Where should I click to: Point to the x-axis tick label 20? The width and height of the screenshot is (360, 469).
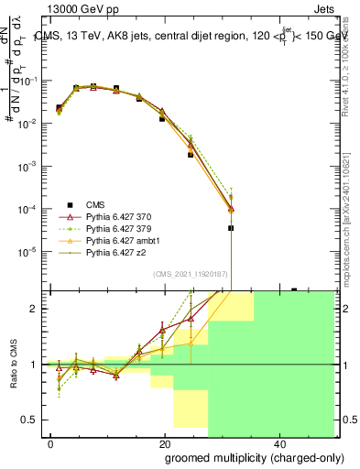pyautogui.click(x=164, y=444)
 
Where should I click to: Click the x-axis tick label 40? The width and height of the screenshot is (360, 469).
pyautogui.click(x=278, y=444)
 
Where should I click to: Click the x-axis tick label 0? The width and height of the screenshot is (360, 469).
pyautogui.click(x=51, y=444)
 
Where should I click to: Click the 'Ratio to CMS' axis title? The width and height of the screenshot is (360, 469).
pyautogui.click(x=12, y=365)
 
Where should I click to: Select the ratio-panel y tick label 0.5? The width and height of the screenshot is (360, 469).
pyautogui.click(x=31, y=420)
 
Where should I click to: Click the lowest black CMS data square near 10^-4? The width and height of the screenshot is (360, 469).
pyautogui.click(x=231, y=228)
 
